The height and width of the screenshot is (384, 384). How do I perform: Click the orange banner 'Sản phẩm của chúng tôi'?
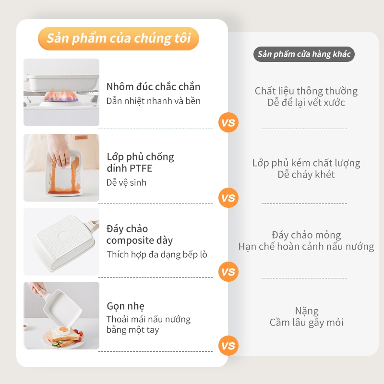(x=118, y=38)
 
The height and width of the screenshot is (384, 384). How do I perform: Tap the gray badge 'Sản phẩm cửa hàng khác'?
(x=304, y=54)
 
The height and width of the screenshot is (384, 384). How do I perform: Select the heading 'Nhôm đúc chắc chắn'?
(x=153, y=87)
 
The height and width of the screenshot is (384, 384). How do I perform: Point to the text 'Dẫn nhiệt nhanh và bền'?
(x=153, y=101)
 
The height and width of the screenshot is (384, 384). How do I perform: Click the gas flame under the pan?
(x=61, y=96)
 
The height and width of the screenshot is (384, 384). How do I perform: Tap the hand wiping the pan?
(x=59, y=152)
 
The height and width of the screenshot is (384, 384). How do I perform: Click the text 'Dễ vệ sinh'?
(x=126, y=183)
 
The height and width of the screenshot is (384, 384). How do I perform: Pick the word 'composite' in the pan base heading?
(x=130, y=240)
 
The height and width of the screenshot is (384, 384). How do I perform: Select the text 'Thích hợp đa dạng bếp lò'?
(x=157, y=254)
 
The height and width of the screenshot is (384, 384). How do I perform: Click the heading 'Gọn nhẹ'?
(x=126, y=306)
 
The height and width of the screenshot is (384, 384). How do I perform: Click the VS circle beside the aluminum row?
(x=228, y=122)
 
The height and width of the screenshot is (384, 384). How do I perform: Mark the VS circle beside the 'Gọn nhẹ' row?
(x=228, y=346)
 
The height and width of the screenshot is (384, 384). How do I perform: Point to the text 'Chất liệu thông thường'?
(x=306, y=91)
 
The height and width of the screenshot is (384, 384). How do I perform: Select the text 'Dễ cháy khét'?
(x=306, y=174)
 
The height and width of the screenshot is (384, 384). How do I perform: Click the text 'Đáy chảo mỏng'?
(x=306, y=235)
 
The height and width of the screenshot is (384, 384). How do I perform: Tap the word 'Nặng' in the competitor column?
(x=307, y=311)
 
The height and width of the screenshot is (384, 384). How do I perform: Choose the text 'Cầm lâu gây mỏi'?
(x=307, y=323)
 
